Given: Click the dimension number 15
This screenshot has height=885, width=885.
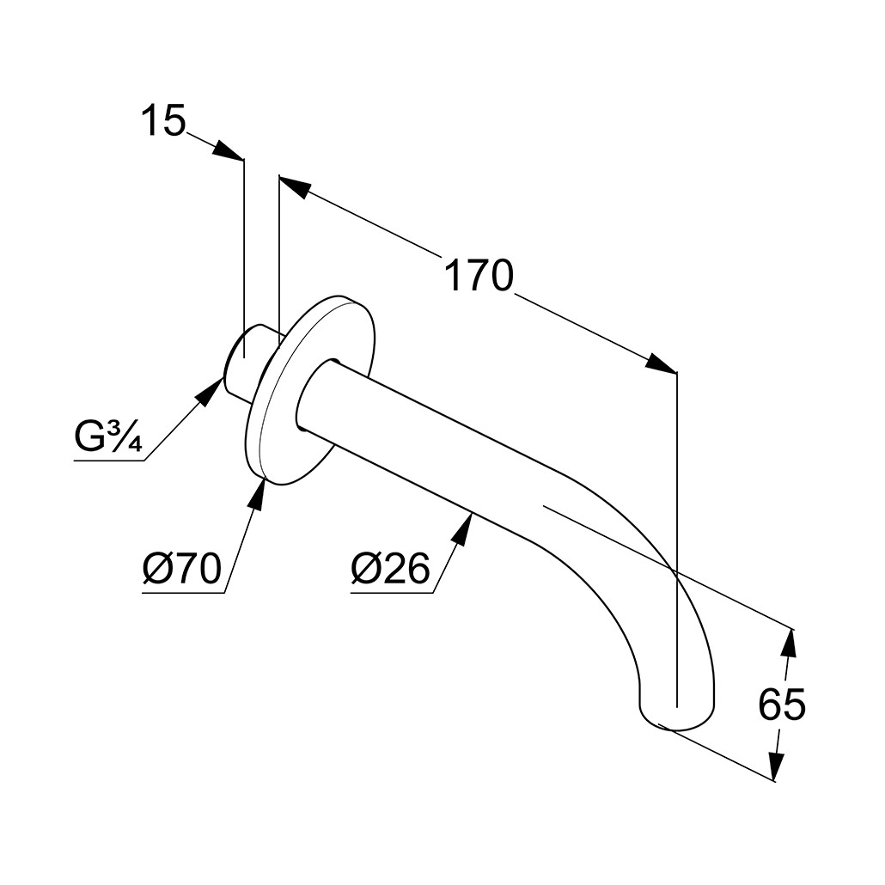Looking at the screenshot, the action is (x=163, y=120).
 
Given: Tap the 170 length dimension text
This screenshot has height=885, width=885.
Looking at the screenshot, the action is (x=479, y=276).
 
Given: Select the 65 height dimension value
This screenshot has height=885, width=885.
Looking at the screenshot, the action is (x=782, y=704).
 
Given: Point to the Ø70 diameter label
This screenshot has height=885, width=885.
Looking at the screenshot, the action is (x=181, y=568).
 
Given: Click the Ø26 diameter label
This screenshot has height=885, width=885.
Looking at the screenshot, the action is (x=390, y=568).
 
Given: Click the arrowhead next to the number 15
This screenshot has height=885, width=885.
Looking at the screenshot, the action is (x=227, y=150).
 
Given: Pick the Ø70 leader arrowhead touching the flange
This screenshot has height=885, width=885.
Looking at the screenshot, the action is (x=258, y=493).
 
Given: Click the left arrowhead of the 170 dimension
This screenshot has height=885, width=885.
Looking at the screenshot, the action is (x=295, y=187).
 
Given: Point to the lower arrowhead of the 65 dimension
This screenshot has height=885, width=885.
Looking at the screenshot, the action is (x=776, y=766).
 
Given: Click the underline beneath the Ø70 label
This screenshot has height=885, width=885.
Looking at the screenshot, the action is (x=183, y=593).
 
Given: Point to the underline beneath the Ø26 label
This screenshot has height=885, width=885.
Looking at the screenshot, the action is (x=393, y=593).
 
